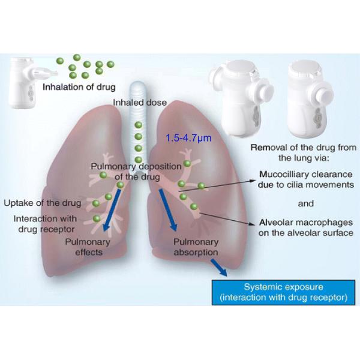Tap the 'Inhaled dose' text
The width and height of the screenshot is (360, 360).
coord(140,103)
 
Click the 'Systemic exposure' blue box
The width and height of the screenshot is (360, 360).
coord(283,292)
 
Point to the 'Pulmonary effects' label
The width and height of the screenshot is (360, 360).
coord(92,247)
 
